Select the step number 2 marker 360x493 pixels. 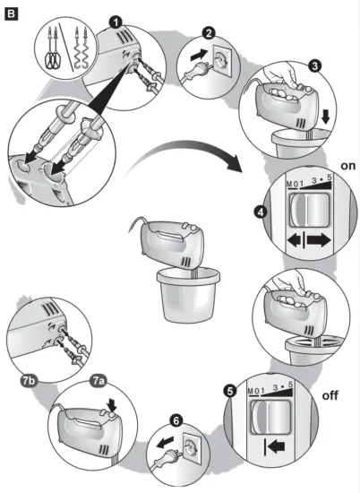click(209, 35)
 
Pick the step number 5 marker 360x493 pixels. click(231, 392)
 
